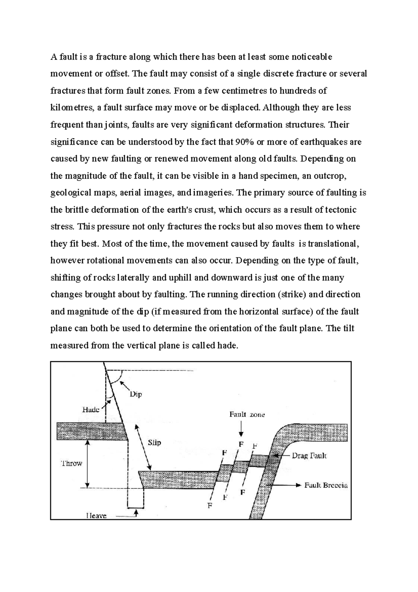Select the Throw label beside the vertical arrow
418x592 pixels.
(x=71, y=463)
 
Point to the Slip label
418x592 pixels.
(x=154, y=442)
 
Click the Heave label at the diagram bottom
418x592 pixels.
(x=96, y=515)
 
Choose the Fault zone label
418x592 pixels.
(x=247, y=415)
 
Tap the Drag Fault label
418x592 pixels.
(x=309, y=456)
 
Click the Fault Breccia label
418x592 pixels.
(x=326, y=485)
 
